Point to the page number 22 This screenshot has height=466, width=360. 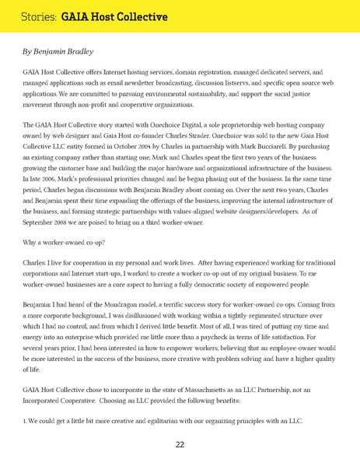pos(180,445)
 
